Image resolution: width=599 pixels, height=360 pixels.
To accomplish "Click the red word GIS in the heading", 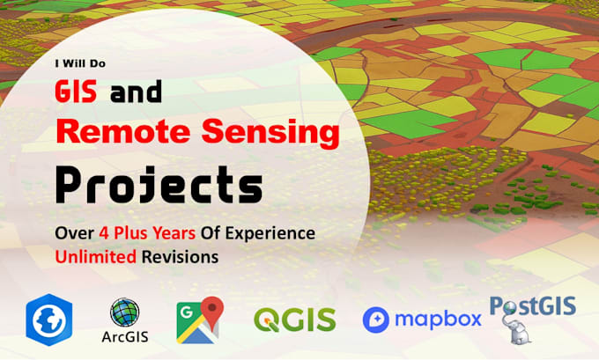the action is coord(76,92).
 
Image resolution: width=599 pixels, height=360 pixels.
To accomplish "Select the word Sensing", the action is coord(270,133).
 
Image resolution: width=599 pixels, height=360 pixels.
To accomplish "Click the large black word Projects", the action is coord(159,186).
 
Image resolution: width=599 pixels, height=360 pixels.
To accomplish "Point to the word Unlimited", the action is coord(95,256).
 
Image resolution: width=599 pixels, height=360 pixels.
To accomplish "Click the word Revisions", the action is coord(180,256).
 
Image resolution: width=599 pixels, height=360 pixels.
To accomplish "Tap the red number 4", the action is coord(104,233).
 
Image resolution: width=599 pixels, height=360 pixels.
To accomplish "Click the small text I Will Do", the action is coord(80,63).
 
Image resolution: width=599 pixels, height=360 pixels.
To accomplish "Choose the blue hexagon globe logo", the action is coord(49,320).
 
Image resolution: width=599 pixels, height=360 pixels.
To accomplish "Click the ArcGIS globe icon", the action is coord(124,312).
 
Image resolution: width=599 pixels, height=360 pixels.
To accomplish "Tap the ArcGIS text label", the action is coord(125,337).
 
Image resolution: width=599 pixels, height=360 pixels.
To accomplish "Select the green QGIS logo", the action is coord(295,320).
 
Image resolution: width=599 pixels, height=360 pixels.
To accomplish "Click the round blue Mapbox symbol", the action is coord(376,320).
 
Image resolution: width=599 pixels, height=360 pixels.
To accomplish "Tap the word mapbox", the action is coord(438,320).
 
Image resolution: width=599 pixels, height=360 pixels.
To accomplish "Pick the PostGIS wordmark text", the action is coord(533,306).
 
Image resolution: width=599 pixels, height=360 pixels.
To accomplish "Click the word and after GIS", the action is coord(136,92).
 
